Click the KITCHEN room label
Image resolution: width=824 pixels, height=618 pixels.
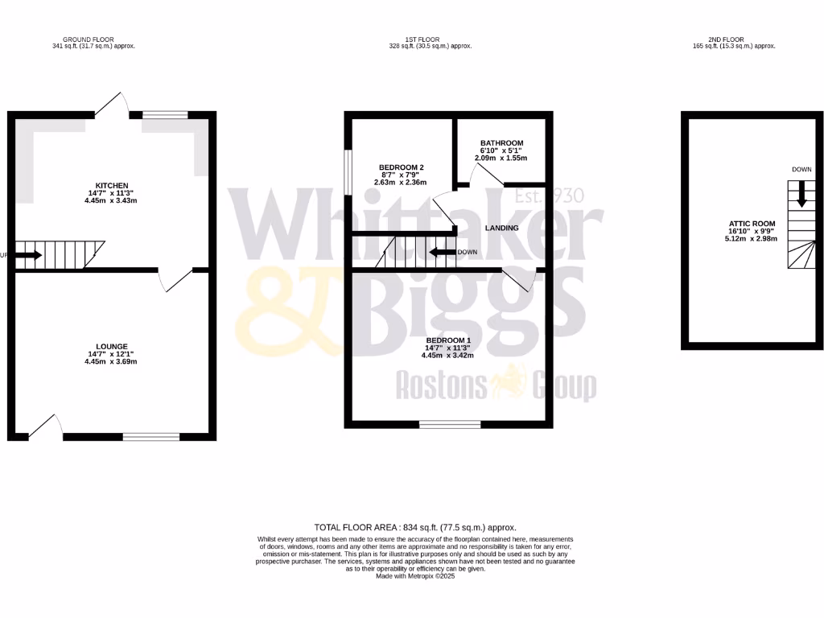click(x=113, y=186)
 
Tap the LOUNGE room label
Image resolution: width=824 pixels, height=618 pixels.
click(x=113, y=347)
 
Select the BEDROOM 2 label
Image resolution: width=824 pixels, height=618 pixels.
click(x=402, y=167)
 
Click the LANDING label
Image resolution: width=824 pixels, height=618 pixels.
click(x=501, y=228)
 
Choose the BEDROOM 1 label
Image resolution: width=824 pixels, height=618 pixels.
click(x=448, y=340)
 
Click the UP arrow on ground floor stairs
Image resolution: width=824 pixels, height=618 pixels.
click(x=29, y=256)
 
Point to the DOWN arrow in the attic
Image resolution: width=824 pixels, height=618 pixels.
click(x=800, y=193)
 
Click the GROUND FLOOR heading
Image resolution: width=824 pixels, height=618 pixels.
click(x=89, y=39)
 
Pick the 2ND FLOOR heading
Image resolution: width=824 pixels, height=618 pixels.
click(x=727, y=39)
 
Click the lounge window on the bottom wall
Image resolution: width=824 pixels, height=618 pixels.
click(x=151, y=437)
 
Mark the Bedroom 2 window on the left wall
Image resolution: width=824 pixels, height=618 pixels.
click(x=348, y=171)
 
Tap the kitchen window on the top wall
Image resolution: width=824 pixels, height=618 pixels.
click(x=165, y=115)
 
